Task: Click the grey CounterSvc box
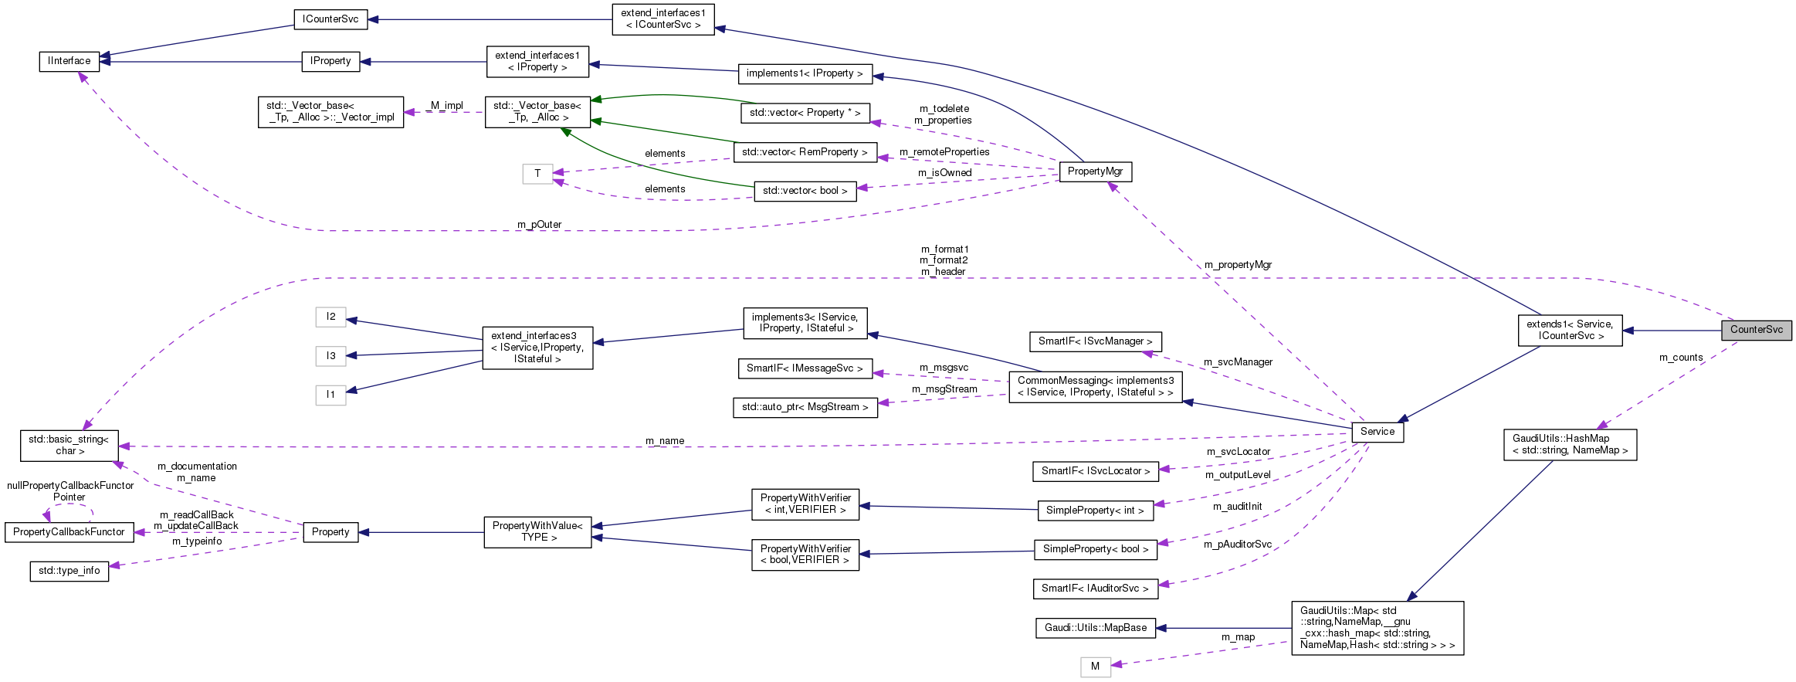click(1756, 330)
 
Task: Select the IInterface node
click(69, 61)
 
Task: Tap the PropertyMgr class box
click(1095, 171)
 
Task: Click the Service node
click(1377, 432)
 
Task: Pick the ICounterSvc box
click(330, 19)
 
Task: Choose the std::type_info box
click(69, 571)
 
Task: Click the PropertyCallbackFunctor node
click(69, 532)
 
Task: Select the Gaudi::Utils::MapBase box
click(1095, 628)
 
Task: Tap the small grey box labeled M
click(1095, 667)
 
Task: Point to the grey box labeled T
click(537, 174)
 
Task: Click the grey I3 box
click(330, 356)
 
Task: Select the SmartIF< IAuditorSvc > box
click(1095, 589)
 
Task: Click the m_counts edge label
click(1680, 358)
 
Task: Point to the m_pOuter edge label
click(539, 225)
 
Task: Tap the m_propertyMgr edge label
click(1238, 265)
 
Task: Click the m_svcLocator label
click(1238, 452)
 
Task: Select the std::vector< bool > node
click(805, 191)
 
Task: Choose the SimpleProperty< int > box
click(1095, 511)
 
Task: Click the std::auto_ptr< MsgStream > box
click(805, 407)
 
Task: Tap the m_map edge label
click(1238, 637)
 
